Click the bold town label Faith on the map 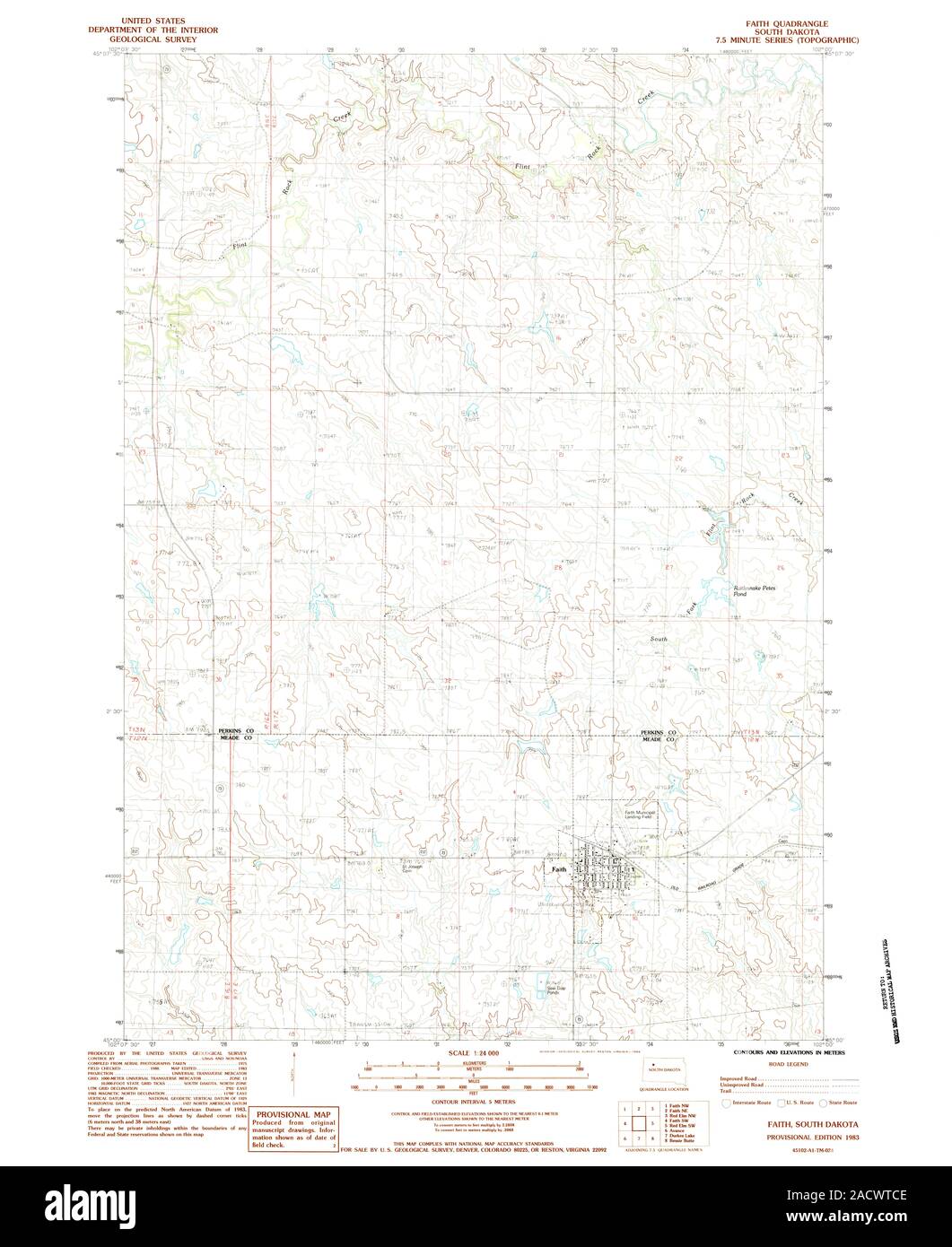click(559, 869)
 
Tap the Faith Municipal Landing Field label click(642, 815)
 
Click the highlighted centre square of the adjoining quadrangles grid click(638, 1122)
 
